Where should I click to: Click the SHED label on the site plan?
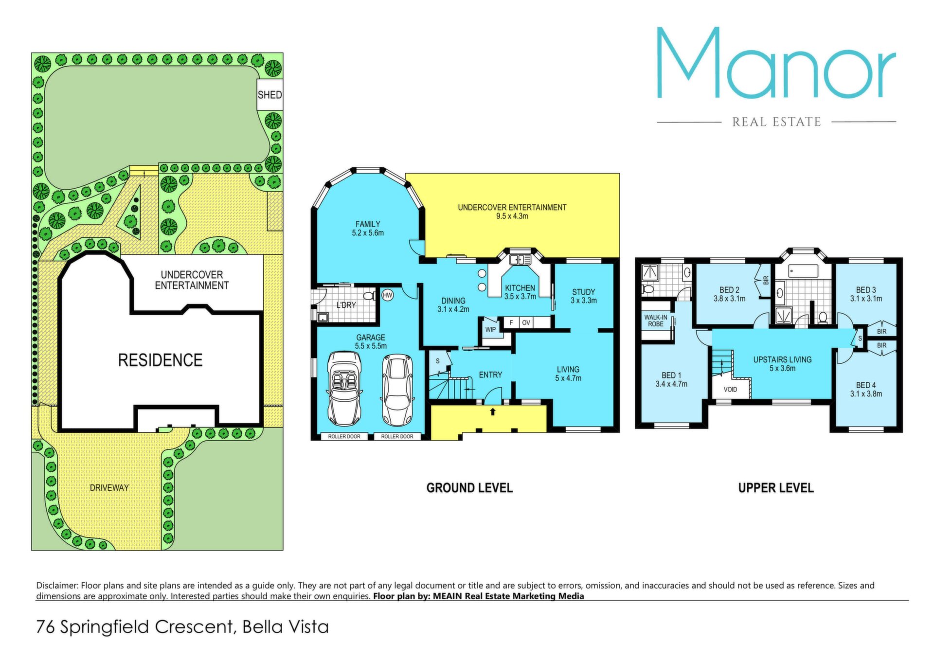pos(269,95)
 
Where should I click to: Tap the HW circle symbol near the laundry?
pos(388,295)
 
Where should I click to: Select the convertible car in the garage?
pos(344,389)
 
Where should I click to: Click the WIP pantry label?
pos(490,330)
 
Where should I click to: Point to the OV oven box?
pos(526,322)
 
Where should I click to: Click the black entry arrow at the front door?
pos(493,411)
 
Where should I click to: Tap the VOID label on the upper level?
pos(730,390)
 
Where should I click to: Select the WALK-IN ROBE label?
pos(656,321)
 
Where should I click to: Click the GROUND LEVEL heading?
pos(469,488)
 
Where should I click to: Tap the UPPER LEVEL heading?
pos(776,488)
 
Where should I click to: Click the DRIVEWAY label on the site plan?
pos(109,488)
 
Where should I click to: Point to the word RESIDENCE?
pos(160,360)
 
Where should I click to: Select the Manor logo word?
pos(776,63)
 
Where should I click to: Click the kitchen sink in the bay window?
pos(520,260)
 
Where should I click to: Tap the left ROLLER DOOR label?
pos(344,437)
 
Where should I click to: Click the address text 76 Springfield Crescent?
pos(136,627)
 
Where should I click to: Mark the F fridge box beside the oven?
pos(511,322)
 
